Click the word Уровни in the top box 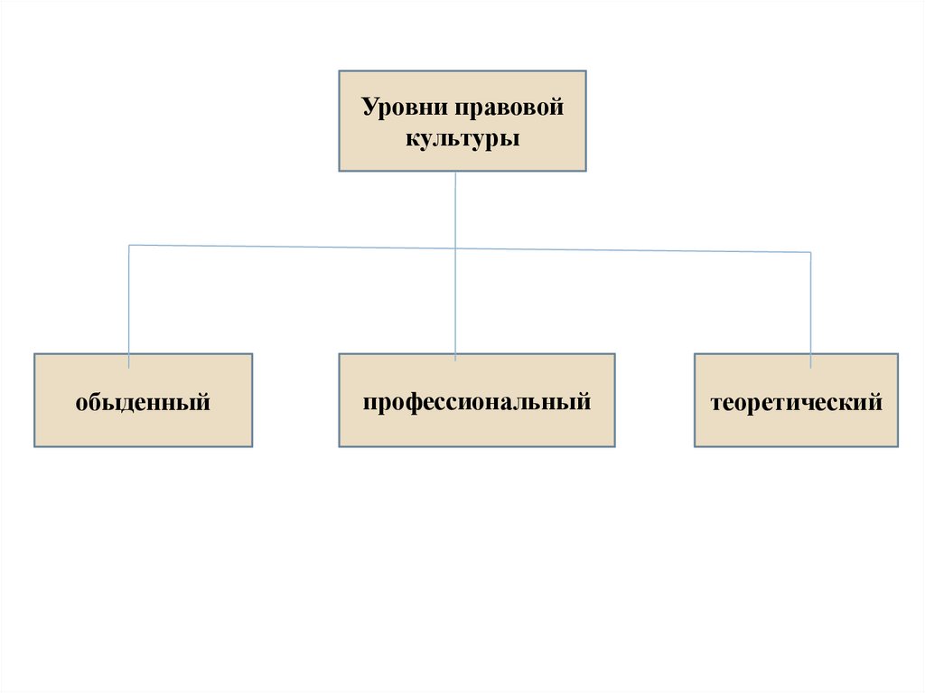tap(399, 108)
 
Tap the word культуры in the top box tap(462, 140)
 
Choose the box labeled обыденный tap(144, 400)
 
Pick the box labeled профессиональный tap(477, 400)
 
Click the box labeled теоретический tap(797, 400)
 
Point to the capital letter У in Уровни tap(369, 108)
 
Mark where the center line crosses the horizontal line tap(455, 248)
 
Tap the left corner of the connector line tap(129, 245)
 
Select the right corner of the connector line tap(810, 252)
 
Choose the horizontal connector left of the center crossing tap(289, 247)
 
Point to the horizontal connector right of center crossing tap(632, 250)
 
